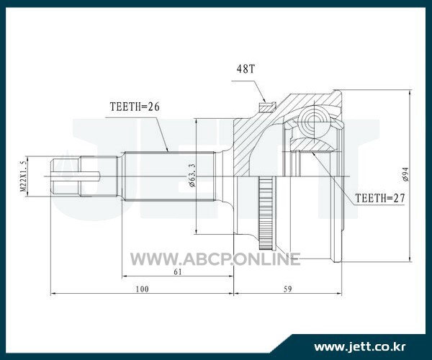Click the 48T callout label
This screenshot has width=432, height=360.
246,69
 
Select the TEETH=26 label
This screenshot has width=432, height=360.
135,107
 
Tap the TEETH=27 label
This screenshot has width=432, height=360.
380,198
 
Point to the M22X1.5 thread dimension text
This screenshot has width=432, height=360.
24,176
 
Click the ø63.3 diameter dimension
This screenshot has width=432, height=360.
192,175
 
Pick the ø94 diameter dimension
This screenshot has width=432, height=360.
406,174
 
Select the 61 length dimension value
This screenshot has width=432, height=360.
178,272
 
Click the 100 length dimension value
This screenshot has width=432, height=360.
142,289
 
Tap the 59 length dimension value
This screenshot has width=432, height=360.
287,289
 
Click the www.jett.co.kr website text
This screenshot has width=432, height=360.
360,346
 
